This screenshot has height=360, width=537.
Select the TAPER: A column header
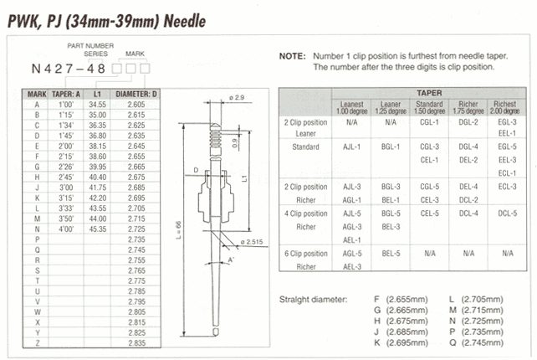click(x=66, y=94)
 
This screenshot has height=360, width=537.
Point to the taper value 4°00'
click(x=65, y=228)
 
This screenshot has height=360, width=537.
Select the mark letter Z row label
click(x=36, y=333)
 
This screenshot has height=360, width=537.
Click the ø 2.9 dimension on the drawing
click(x=237, y=98)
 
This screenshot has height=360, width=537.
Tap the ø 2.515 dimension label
click(x=254, y=243)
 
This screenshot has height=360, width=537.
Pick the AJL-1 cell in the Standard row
click(x=353, y=147)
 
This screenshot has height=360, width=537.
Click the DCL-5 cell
click(x=508, y=212)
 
